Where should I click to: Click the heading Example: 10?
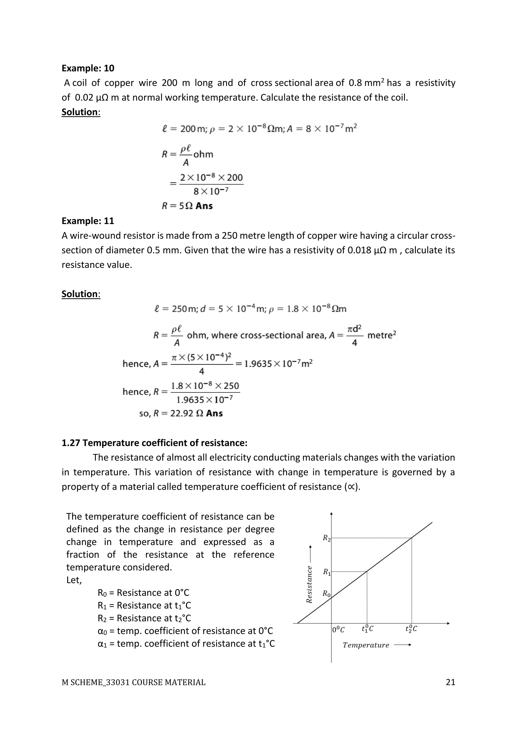pos(88,68)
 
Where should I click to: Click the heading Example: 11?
pos(88,221)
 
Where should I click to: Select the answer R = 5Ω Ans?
pos(187,206)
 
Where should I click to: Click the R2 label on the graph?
pos(327,538)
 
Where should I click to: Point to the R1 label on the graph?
pos(327,572)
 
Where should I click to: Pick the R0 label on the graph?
pos(327,593)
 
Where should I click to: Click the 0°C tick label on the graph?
pos(338,629)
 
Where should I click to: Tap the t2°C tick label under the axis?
pos(411,629)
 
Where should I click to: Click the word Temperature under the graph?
pos(366,645)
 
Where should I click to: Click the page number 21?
pos(450,682)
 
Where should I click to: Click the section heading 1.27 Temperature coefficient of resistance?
pos(154,443)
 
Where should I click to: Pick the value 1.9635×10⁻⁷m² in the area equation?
pos(278,364)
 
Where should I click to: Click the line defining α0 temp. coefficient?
pos(185,631)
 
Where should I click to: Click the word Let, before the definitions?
pos(74,580)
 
